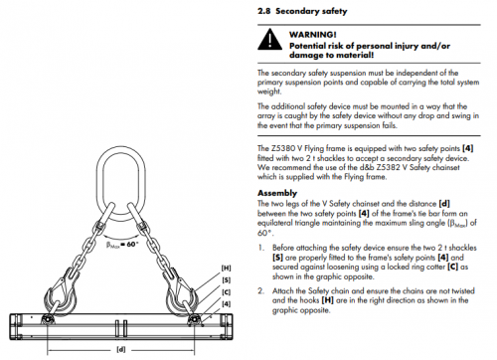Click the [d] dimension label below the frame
tap(120, 350)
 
